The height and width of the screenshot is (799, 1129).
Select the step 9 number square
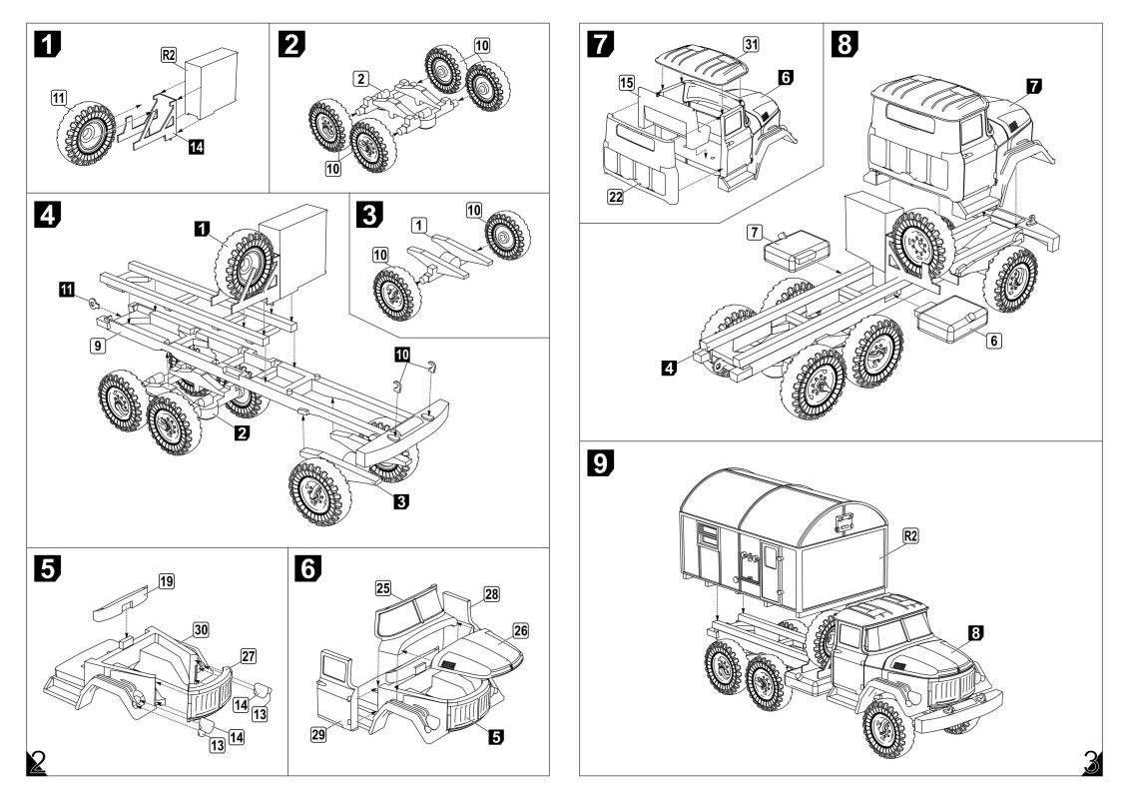(x=603, y=462)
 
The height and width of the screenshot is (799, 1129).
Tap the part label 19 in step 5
(x=166, y=580)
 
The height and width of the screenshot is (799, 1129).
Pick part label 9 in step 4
(x=96, y=345)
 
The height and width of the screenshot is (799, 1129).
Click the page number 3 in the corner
(x=1091, y=764)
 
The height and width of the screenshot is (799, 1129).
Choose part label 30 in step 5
(x=201, y=630)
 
